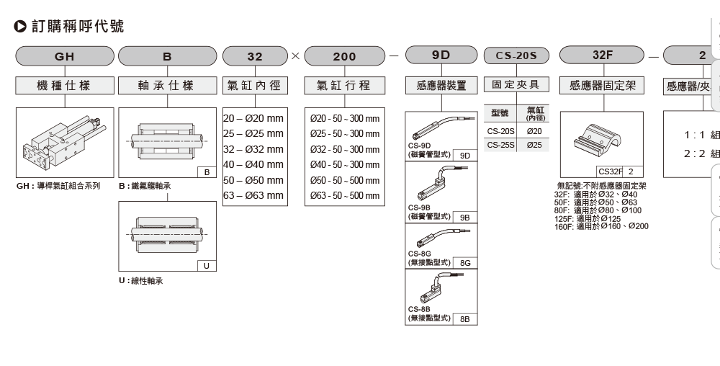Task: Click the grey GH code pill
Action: pyautogui.click(x=65, y=56)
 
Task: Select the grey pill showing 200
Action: pyautogui.click(x=344, y=56)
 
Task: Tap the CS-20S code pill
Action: pyautogui.click(x=516, y=56)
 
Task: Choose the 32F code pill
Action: pyautogui.click(x=602, y=55)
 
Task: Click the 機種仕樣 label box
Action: pyautogui.click(x=65, y=86)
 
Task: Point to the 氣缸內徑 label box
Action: pyautogui.click(x=255, y=86)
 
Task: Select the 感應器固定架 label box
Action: pyautogui.click(x=602, y=86)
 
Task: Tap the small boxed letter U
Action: pyautogui.click(x=206, y=266)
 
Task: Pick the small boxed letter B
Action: pyautogui.click(x=206, y=173)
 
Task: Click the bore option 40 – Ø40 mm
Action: pyautogui.click(x=253, y=165)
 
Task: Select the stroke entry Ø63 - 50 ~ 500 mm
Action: pyautogui.click(x=344, y=196)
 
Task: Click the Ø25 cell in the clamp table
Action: pyautogui.click(x=534, y=145)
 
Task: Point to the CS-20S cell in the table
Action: pyautogui.click(x=500, y=131)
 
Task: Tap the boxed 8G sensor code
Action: pyautogui.click(x=465, y=263)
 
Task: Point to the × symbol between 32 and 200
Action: pyautogui.click(x=296, y=55)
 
